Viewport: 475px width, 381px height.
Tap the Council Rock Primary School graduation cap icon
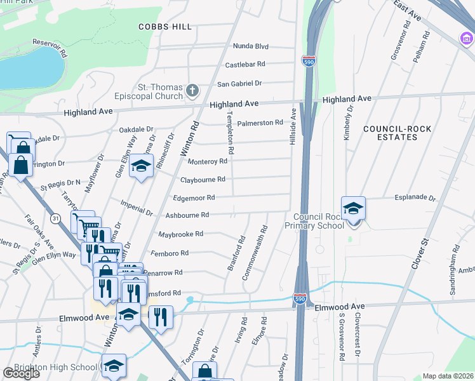(x=354, y=208)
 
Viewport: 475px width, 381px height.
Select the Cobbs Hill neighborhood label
(x=164, y=27)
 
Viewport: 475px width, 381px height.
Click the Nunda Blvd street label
(x=251, y=46)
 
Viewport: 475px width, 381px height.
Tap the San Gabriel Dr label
(x=239, y=84)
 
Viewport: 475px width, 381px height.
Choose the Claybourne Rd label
(x=203, y=180)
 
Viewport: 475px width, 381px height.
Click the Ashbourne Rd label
(x=187, y=216)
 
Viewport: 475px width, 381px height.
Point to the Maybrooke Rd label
(x=180, y=234)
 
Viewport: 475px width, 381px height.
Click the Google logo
(x=20, y=373)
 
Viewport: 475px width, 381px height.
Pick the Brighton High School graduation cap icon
(x=114, y=366)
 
